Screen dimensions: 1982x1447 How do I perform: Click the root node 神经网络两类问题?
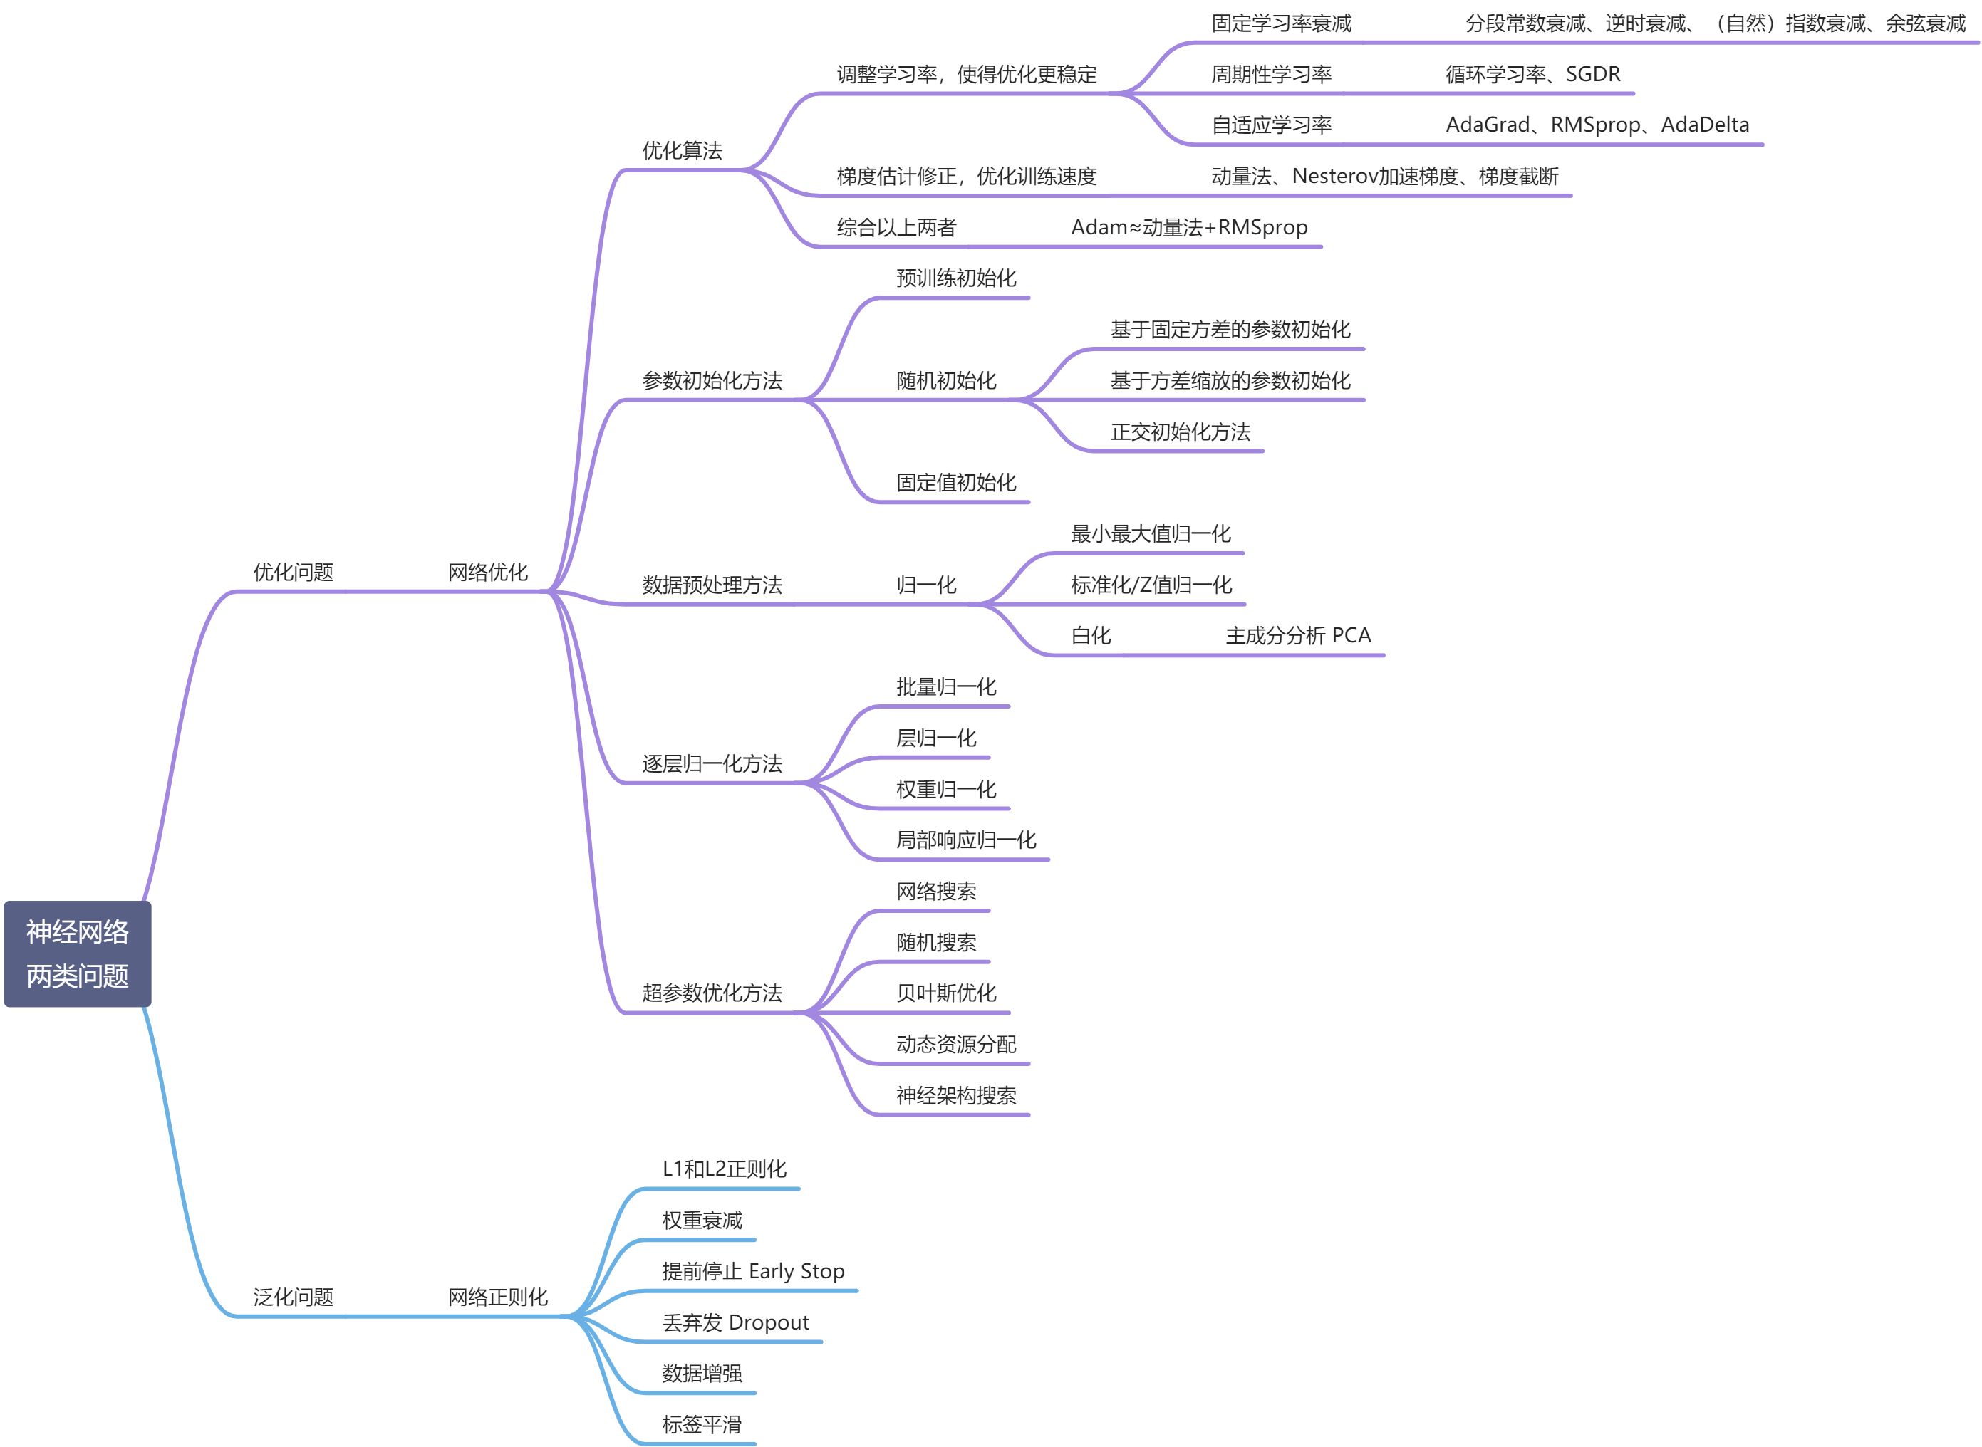pyautogui.click(x=77, y=954)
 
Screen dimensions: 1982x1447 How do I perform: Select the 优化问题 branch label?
pyautogui.click(x=294, y=573)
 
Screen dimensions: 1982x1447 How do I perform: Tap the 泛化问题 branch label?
pyautogui.click(x=294, y=1297)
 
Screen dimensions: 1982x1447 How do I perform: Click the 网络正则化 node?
pyautogui.click(x=498, y=1297)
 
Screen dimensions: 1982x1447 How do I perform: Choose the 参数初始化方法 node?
pyautogui.click(x=712, y=381)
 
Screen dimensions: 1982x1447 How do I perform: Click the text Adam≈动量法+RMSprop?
pyautogui.click(x=1189, y=228)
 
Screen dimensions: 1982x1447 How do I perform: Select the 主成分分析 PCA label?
pyautogui.click(x=1297, y=636)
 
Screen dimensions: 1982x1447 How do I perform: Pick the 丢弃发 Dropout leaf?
pyautogui.click(x=735, y=1322)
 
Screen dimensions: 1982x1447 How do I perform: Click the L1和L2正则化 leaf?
pyautogui.click(x=725, y=1169)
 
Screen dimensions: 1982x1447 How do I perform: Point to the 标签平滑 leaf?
pyautogui.click(x=702, y=1425)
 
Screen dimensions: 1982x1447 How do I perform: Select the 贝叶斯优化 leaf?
pyautogui.click(x=946, y=993)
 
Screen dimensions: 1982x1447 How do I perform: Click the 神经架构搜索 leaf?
pyautogui.click(x=956, y=1096)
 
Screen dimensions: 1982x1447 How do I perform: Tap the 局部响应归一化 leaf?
pyautogui.click(x=965, y=841)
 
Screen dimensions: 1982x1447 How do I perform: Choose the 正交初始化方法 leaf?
pyautogui.click(x=1181, y=432)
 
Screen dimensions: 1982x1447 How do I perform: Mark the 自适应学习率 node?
pyautogui.click(x=1272, y=125)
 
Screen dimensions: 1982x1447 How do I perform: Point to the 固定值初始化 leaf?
pyautogui.click(x=956, y=483)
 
